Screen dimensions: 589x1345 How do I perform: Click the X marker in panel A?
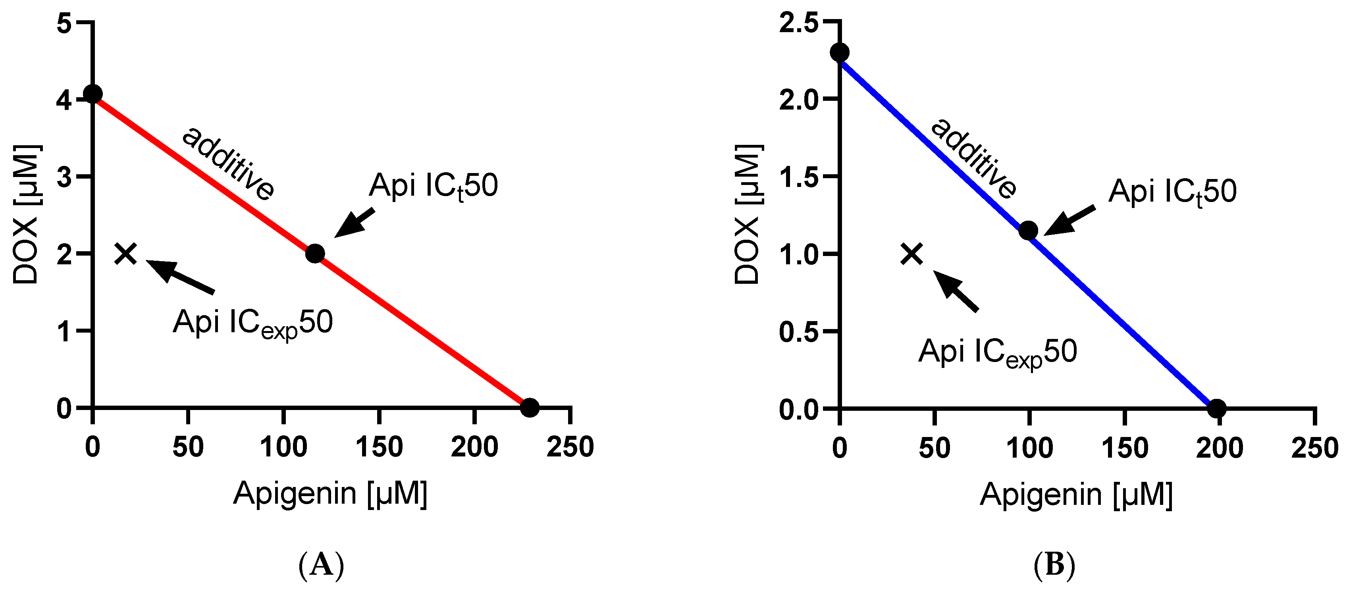pos(126,254)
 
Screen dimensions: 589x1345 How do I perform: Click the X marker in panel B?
pos(912,254)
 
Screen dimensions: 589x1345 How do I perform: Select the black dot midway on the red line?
pos(315,254)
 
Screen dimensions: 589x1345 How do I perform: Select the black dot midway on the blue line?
pos(1029,230)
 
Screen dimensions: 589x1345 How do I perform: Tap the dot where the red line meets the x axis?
pos(530,407)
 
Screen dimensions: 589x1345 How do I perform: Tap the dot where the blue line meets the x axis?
pos(1217,408)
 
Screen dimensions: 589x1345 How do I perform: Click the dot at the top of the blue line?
pos(840,52)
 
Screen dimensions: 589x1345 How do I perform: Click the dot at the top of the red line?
pos(93,94)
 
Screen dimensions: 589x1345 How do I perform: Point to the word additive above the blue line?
pos(974,159)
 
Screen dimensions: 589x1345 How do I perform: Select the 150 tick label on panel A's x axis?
pos(379,447)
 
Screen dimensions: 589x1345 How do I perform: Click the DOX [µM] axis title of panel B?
pos(748,214)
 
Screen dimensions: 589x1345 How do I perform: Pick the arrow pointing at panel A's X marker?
pos(180,277)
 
